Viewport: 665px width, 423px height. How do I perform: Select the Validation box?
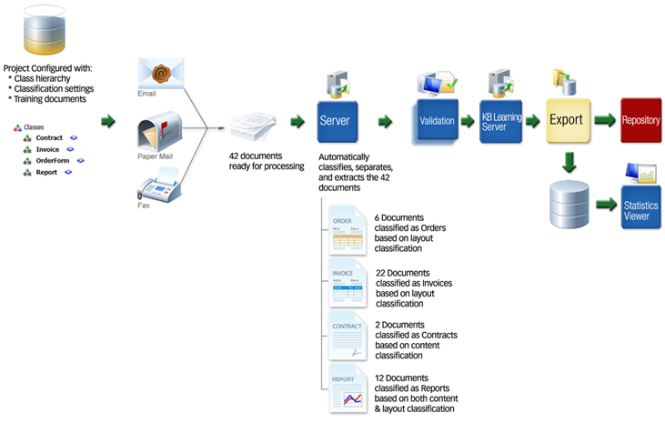coord(436,120)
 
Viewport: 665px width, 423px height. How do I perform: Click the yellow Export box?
coord(566,121)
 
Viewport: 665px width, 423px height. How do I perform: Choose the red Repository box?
coord(641,120)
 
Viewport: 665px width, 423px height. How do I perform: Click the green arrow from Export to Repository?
coord(603,120)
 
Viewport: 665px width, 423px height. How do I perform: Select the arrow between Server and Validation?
coord(385,120)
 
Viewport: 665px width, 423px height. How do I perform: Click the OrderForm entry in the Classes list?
coord(52,160)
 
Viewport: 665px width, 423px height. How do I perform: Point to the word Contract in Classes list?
coord(50,137)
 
